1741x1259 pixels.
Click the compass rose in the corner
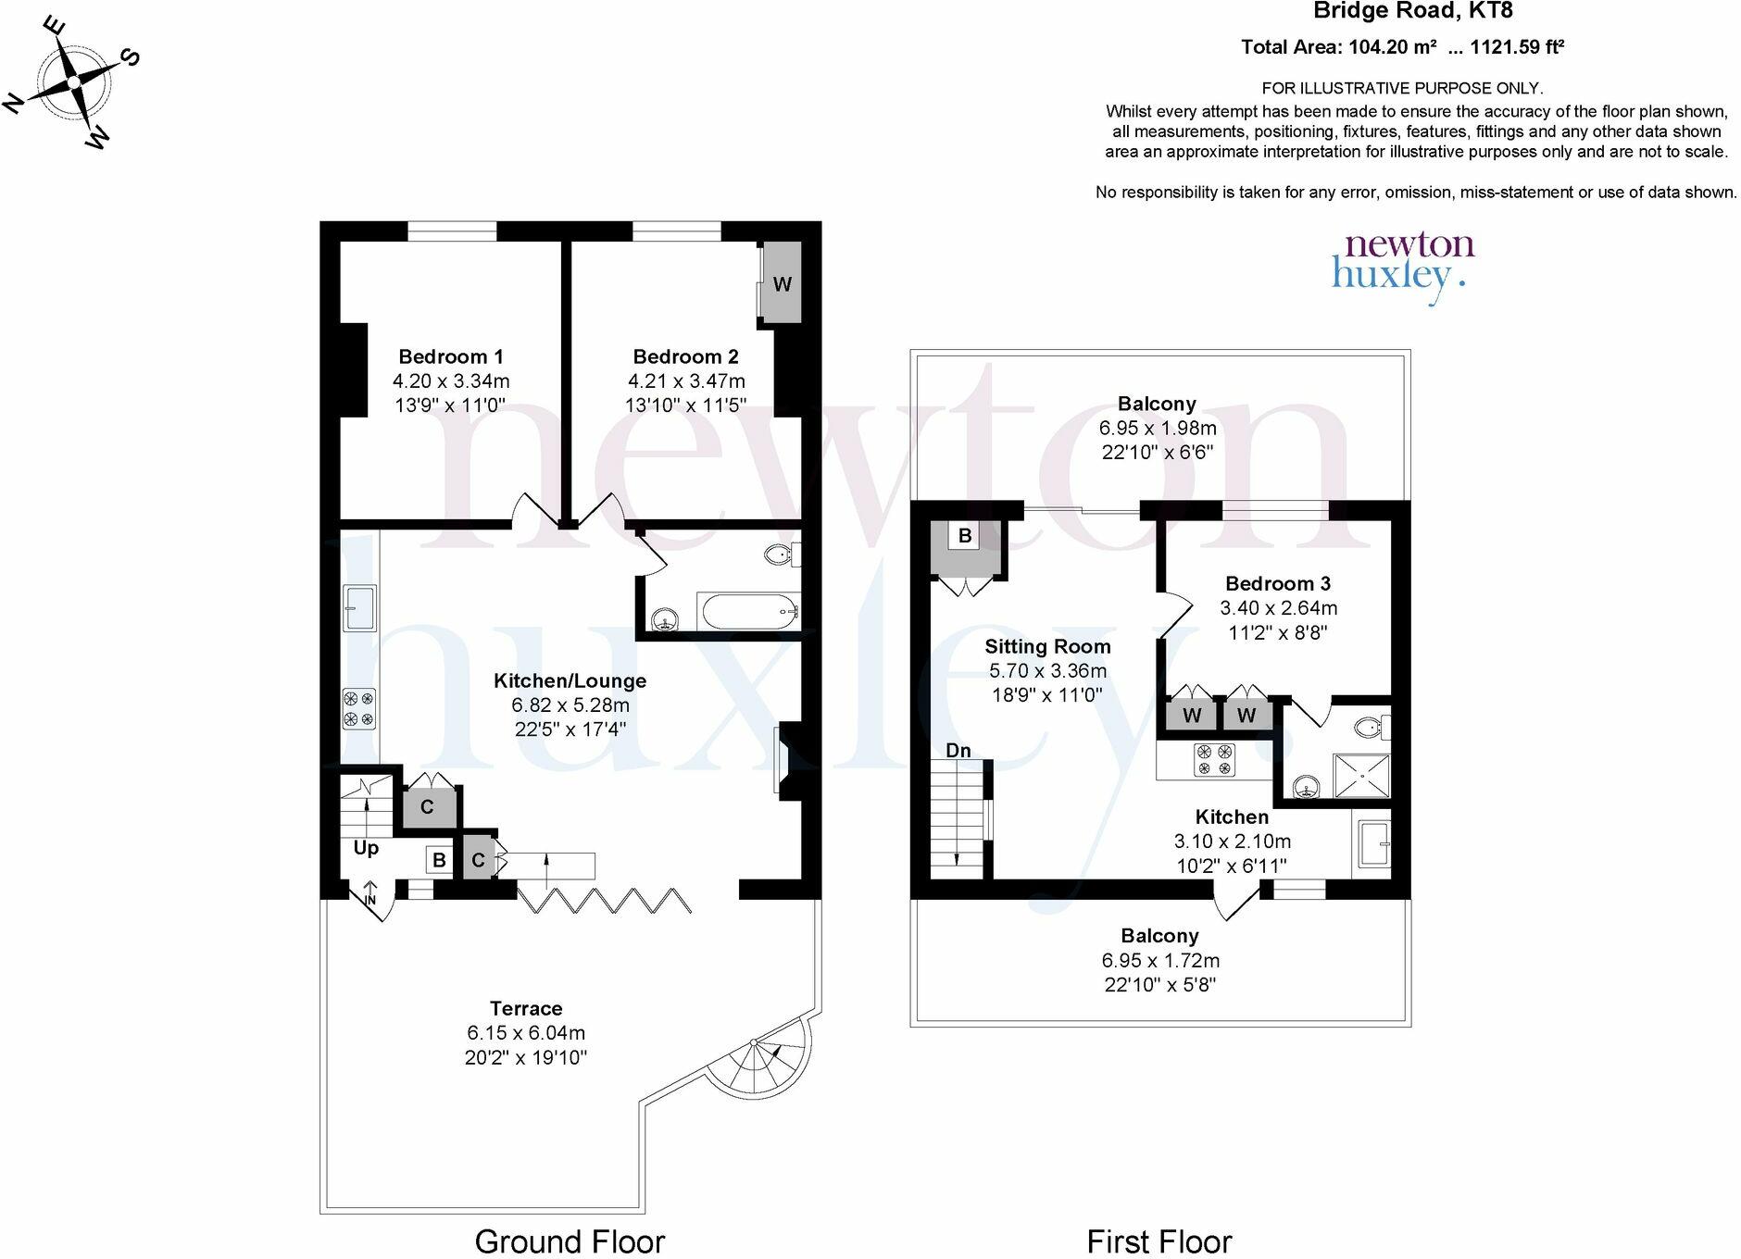(x=73, y=82)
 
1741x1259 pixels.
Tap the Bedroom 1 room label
(x=451, y=356)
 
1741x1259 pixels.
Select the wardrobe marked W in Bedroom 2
(x=782, y=283)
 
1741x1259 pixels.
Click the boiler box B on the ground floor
(x=438, y=860)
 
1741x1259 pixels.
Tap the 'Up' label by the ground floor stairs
(x=366, y=848)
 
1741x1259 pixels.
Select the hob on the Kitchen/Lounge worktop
(x=358, y=709)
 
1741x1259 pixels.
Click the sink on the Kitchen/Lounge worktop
(x=358, y=608)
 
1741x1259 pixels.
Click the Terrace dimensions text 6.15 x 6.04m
(x=526, y=1033)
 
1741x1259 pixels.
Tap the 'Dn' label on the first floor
(x=958, y=751)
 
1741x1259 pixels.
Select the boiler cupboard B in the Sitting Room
(x=965, y=536)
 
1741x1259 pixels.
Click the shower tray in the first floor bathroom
(x=1361, y=775)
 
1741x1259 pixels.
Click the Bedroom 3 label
(x=1278, y=583)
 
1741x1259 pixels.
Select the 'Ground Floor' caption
(x=570, y=1241)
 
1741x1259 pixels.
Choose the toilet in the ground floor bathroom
(x=780, y=555)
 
